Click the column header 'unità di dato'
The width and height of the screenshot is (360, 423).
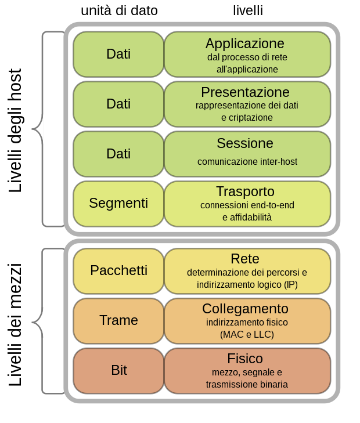119,10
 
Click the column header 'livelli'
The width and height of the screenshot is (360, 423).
248,10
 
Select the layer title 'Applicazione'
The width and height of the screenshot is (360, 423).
244,44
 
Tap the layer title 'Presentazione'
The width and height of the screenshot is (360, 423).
245,92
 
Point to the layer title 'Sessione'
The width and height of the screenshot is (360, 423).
244,143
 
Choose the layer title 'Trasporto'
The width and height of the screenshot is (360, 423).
245,191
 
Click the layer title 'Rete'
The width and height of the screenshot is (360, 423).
244,259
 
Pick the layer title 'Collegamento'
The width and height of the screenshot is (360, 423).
245,309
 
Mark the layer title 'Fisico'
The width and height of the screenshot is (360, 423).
244,359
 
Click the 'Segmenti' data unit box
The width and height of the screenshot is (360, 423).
118,204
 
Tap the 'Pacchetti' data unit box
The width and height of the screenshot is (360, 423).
118,270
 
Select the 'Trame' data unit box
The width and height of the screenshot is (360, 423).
118,320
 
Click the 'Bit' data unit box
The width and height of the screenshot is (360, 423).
118,370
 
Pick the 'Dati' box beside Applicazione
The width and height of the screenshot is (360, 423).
118,54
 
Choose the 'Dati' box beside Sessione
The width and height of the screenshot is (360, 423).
118,154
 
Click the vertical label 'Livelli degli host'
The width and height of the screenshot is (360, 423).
15,131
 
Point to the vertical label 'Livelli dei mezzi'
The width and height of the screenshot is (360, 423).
15,324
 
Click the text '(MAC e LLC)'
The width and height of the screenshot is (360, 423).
247,334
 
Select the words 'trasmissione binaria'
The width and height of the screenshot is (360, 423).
247,384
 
